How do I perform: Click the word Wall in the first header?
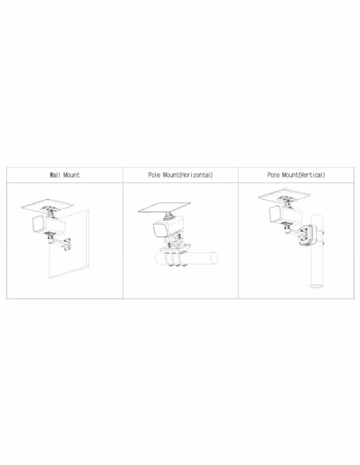tap(55, 175)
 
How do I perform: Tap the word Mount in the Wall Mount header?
tap(72, 175)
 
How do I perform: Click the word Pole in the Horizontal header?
tap(155, 175)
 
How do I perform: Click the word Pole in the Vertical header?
tap(273, 175)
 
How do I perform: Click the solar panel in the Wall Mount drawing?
tap(48, 205)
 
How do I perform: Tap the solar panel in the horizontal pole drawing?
tap(164, 207)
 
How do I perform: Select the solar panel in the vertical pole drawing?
tap(284, 195)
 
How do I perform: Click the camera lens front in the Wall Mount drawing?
tap(37, 225)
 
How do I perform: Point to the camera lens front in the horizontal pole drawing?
tap(158, 230)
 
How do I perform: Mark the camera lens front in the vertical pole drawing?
tap(274, 213)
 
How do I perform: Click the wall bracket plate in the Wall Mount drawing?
tap(68, 244)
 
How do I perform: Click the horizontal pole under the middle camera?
tap(186, 258)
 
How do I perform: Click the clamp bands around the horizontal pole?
tap(174, 259)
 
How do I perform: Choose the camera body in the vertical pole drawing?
tap(285, 214)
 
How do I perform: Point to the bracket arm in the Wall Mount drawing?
tap(58, 242)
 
